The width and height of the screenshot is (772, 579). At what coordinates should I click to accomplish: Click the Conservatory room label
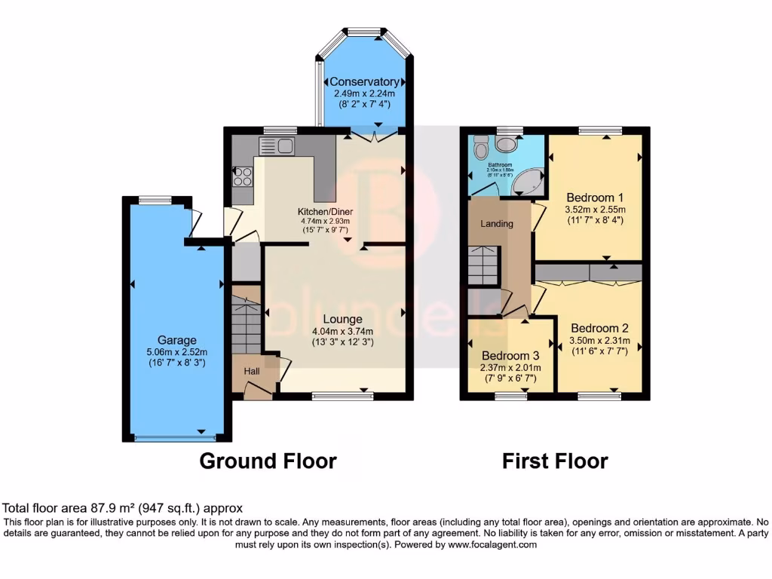click(364, 81)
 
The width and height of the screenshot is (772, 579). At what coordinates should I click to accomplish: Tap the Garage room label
click(177, 340)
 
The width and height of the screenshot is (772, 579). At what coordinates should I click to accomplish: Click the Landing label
click(497, 224)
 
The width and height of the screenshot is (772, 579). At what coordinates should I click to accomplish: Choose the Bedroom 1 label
click(596, 197)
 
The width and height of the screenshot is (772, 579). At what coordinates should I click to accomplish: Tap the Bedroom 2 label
click(599, 328)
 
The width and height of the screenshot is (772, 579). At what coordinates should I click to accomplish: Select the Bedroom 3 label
click(510, 355)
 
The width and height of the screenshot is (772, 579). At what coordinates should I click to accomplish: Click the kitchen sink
click(277, 146)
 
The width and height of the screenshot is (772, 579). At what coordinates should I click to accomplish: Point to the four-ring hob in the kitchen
click(243, 176)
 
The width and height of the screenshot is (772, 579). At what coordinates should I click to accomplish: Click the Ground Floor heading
click(268, 461)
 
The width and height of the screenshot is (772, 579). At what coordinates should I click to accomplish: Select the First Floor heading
click(555, 461)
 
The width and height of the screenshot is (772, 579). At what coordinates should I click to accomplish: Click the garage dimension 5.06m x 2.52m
click(177, 352)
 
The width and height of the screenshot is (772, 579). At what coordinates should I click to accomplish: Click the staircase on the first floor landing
click(482, 265)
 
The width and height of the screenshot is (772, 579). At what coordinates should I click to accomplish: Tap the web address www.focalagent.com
click(490, 544)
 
